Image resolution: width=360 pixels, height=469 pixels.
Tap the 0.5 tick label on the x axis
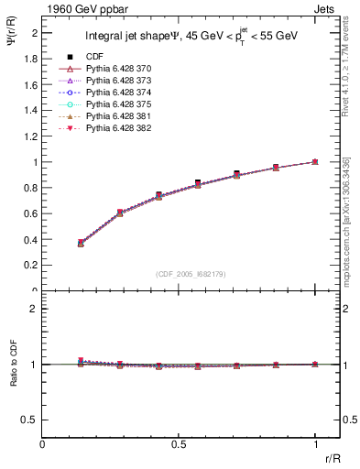point(179,444)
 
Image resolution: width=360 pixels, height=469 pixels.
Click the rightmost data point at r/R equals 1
point(315,161)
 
